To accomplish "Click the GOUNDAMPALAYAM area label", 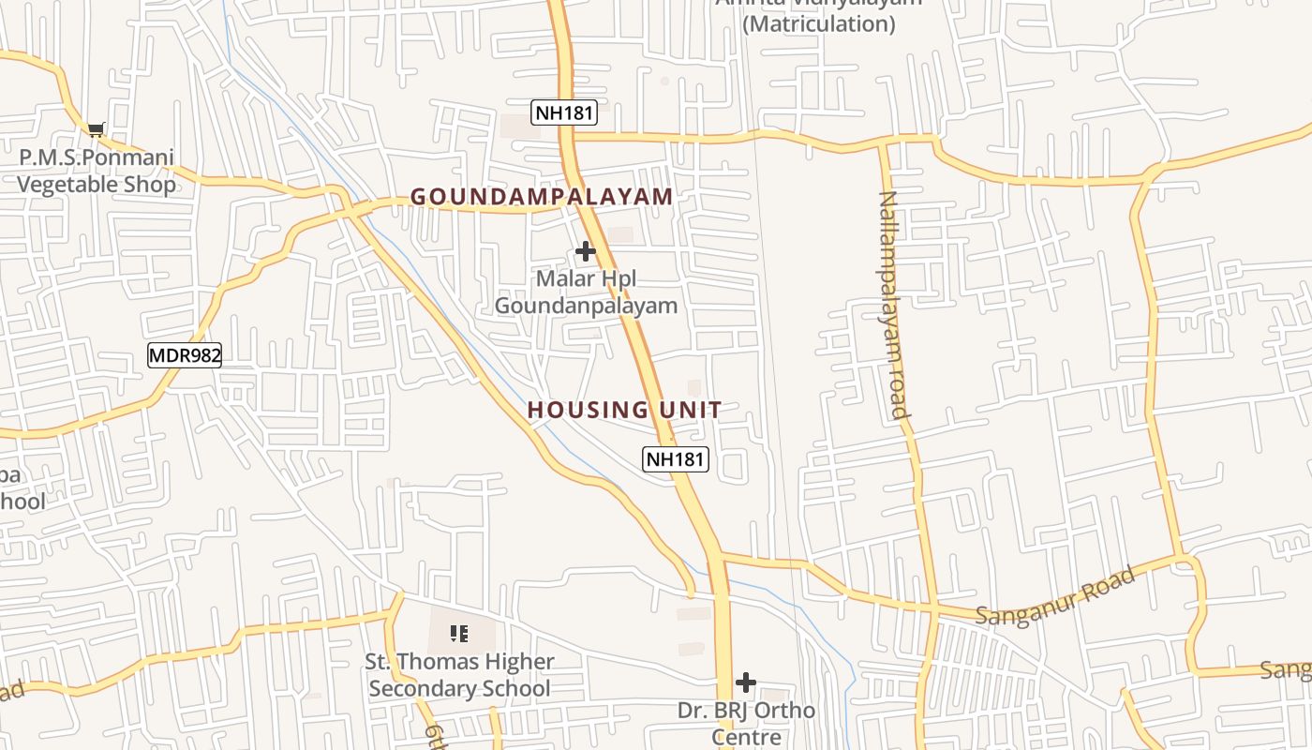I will [542, 197].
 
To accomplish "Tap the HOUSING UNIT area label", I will [624, 410].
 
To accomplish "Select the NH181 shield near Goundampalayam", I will [564, 113].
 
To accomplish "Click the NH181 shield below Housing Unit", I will [676, 459].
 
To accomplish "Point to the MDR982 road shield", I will [185, 354].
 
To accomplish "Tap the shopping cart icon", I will [96, 129].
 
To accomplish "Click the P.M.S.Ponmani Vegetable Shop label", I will [97, 171].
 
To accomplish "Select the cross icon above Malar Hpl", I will [586, 251].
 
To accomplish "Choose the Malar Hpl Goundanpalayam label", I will [586, 292].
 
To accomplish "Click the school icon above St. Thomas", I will [459, 635].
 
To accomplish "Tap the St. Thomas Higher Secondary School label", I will [459, 675].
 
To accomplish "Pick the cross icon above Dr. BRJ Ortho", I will [746, 682].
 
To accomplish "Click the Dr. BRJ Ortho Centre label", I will [746, 724].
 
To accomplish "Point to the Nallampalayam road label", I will [894, 305].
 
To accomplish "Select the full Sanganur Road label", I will [1056, 597].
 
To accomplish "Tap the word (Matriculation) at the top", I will [819, 24].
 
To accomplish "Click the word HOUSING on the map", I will [574, 410].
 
